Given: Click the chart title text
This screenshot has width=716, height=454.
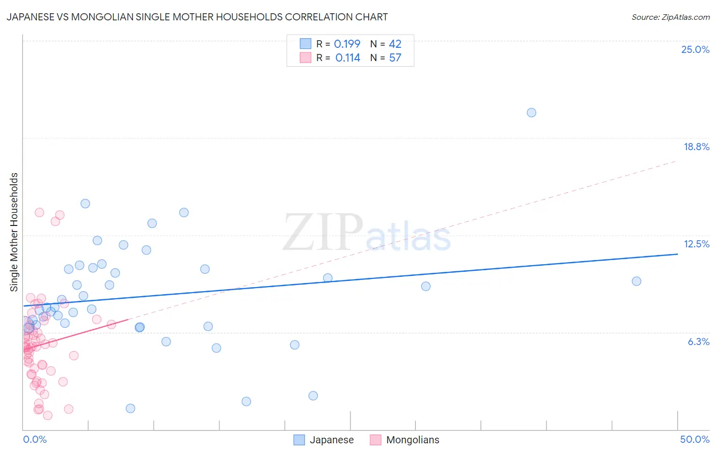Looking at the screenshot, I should pos(197,17).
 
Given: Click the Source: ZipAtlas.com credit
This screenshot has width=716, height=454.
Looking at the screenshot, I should pos(670,17).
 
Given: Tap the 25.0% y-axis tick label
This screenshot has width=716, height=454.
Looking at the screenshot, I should pos(695,49).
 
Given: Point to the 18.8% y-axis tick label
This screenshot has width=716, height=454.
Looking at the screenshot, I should pos(696,147).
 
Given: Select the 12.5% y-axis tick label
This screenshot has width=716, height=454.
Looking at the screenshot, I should pos(696,244).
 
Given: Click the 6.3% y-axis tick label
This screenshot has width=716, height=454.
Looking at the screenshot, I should pos(698,342).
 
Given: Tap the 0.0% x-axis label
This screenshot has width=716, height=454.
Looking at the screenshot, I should pos(35,439).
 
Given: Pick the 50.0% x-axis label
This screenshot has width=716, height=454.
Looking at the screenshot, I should pos(695,439).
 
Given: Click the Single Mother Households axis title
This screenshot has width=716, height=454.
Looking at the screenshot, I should pos(14,232).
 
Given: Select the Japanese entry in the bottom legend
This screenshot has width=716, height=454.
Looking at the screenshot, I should pos(332,440).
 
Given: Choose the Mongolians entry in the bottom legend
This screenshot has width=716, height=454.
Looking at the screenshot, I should pos(412,440).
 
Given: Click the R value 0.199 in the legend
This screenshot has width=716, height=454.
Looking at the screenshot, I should pos(347,44).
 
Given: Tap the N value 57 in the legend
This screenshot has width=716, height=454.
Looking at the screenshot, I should pos(395,58).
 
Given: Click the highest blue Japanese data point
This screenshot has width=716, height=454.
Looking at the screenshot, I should pos(531,112).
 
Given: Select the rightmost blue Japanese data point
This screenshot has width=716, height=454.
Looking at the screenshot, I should pos(636,281).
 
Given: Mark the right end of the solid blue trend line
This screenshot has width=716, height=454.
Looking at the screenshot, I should pos(677,253).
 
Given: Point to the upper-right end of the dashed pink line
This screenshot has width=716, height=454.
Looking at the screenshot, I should pos(676,161).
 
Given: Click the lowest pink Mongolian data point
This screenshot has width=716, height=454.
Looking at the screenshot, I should pos(47,415).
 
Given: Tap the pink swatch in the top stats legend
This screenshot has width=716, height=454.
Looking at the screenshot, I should pos(305,58).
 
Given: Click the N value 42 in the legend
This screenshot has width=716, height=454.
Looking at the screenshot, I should pos(395,44).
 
